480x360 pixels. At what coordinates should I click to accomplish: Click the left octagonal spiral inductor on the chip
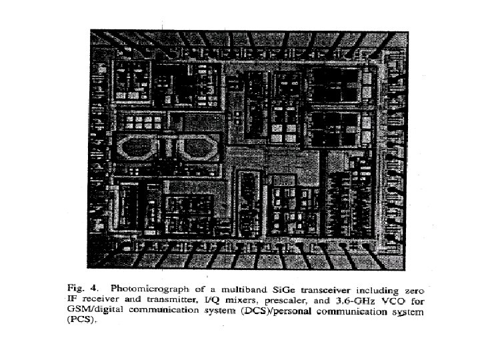click(x=138, y=145)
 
